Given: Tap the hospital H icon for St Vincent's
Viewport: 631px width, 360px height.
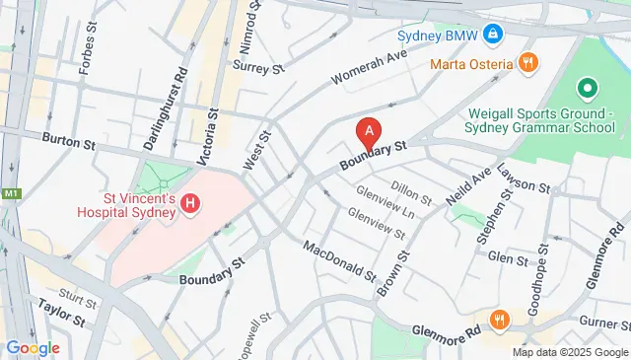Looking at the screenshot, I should click(191, 204).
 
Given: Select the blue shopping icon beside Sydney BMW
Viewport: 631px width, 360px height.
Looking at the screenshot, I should click(492, 36).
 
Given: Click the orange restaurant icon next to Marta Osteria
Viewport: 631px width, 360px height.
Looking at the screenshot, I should click(527, 64).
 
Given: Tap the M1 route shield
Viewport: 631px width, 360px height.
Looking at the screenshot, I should click(11, 193).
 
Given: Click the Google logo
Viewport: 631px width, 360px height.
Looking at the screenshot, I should click(33, 347).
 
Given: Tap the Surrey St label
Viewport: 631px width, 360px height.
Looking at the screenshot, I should click(258, 67).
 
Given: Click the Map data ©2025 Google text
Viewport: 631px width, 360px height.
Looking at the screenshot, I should click(569, 352).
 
